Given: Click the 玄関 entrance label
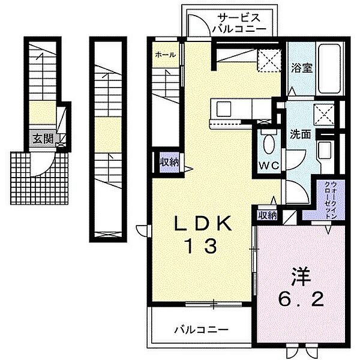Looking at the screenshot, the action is point(43,139).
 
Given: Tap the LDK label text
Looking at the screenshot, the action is point(203,224).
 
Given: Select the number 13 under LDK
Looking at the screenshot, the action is point(202,245).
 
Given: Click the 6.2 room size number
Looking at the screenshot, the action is point(301,299).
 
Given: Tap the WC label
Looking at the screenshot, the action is point(269,165).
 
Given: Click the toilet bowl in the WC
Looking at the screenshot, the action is point(269,143).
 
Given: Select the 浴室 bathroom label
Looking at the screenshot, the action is point(302,68).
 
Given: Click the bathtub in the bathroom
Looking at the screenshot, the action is point(329,68).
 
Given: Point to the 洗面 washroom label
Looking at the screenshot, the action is point(301,134).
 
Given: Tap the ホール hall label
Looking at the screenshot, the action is point(166,55).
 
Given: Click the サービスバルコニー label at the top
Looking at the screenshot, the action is point(239,23).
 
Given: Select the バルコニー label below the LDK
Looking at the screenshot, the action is point(202,330).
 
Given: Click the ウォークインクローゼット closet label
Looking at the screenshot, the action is point(331,200).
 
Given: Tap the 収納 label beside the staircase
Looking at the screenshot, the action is point(169,163).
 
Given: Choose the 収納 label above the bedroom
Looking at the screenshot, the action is point(268,215).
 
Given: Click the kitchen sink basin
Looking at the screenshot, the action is point(224,109).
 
